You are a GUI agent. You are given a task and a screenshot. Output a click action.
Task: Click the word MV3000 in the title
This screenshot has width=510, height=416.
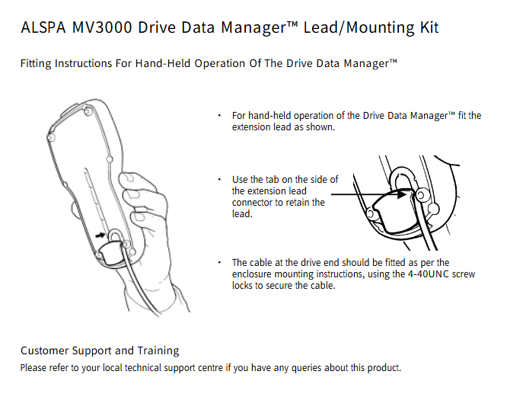(x=102, y=27)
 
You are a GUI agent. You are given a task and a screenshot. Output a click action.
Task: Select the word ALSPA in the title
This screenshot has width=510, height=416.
(x=43, y=27)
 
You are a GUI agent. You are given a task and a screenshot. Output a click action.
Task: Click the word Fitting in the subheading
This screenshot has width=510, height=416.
(x=36, y=63)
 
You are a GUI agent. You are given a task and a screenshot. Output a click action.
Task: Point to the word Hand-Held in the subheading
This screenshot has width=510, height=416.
(x=163, y=63)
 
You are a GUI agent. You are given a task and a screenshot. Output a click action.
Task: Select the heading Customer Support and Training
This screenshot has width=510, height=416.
(x=100, y=350)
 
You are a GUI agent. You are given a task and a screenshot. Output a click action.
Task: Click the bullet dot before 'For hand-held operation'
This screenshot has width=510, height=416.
(x=219, y=116)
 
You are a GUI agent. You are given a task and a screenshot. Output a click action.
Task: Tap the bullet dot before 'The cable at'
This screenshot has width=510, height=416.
(x=219, y=262)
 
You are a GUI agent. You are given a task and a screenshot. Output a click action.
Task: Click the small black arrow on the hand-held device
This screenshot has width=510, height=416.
(x=100, y=235)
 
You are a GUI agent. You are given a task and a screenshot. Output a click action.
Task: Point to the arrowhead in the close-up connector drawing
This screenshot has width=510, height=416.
(x=402, y=194)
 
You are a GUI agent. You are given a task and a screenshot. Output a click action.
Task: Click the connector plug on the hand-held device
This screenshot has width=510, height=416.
(x=110, y=253)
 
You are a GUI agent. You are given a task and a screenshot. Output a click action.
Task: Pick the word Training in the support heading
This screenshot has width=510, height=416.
(x=158, y=350)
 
